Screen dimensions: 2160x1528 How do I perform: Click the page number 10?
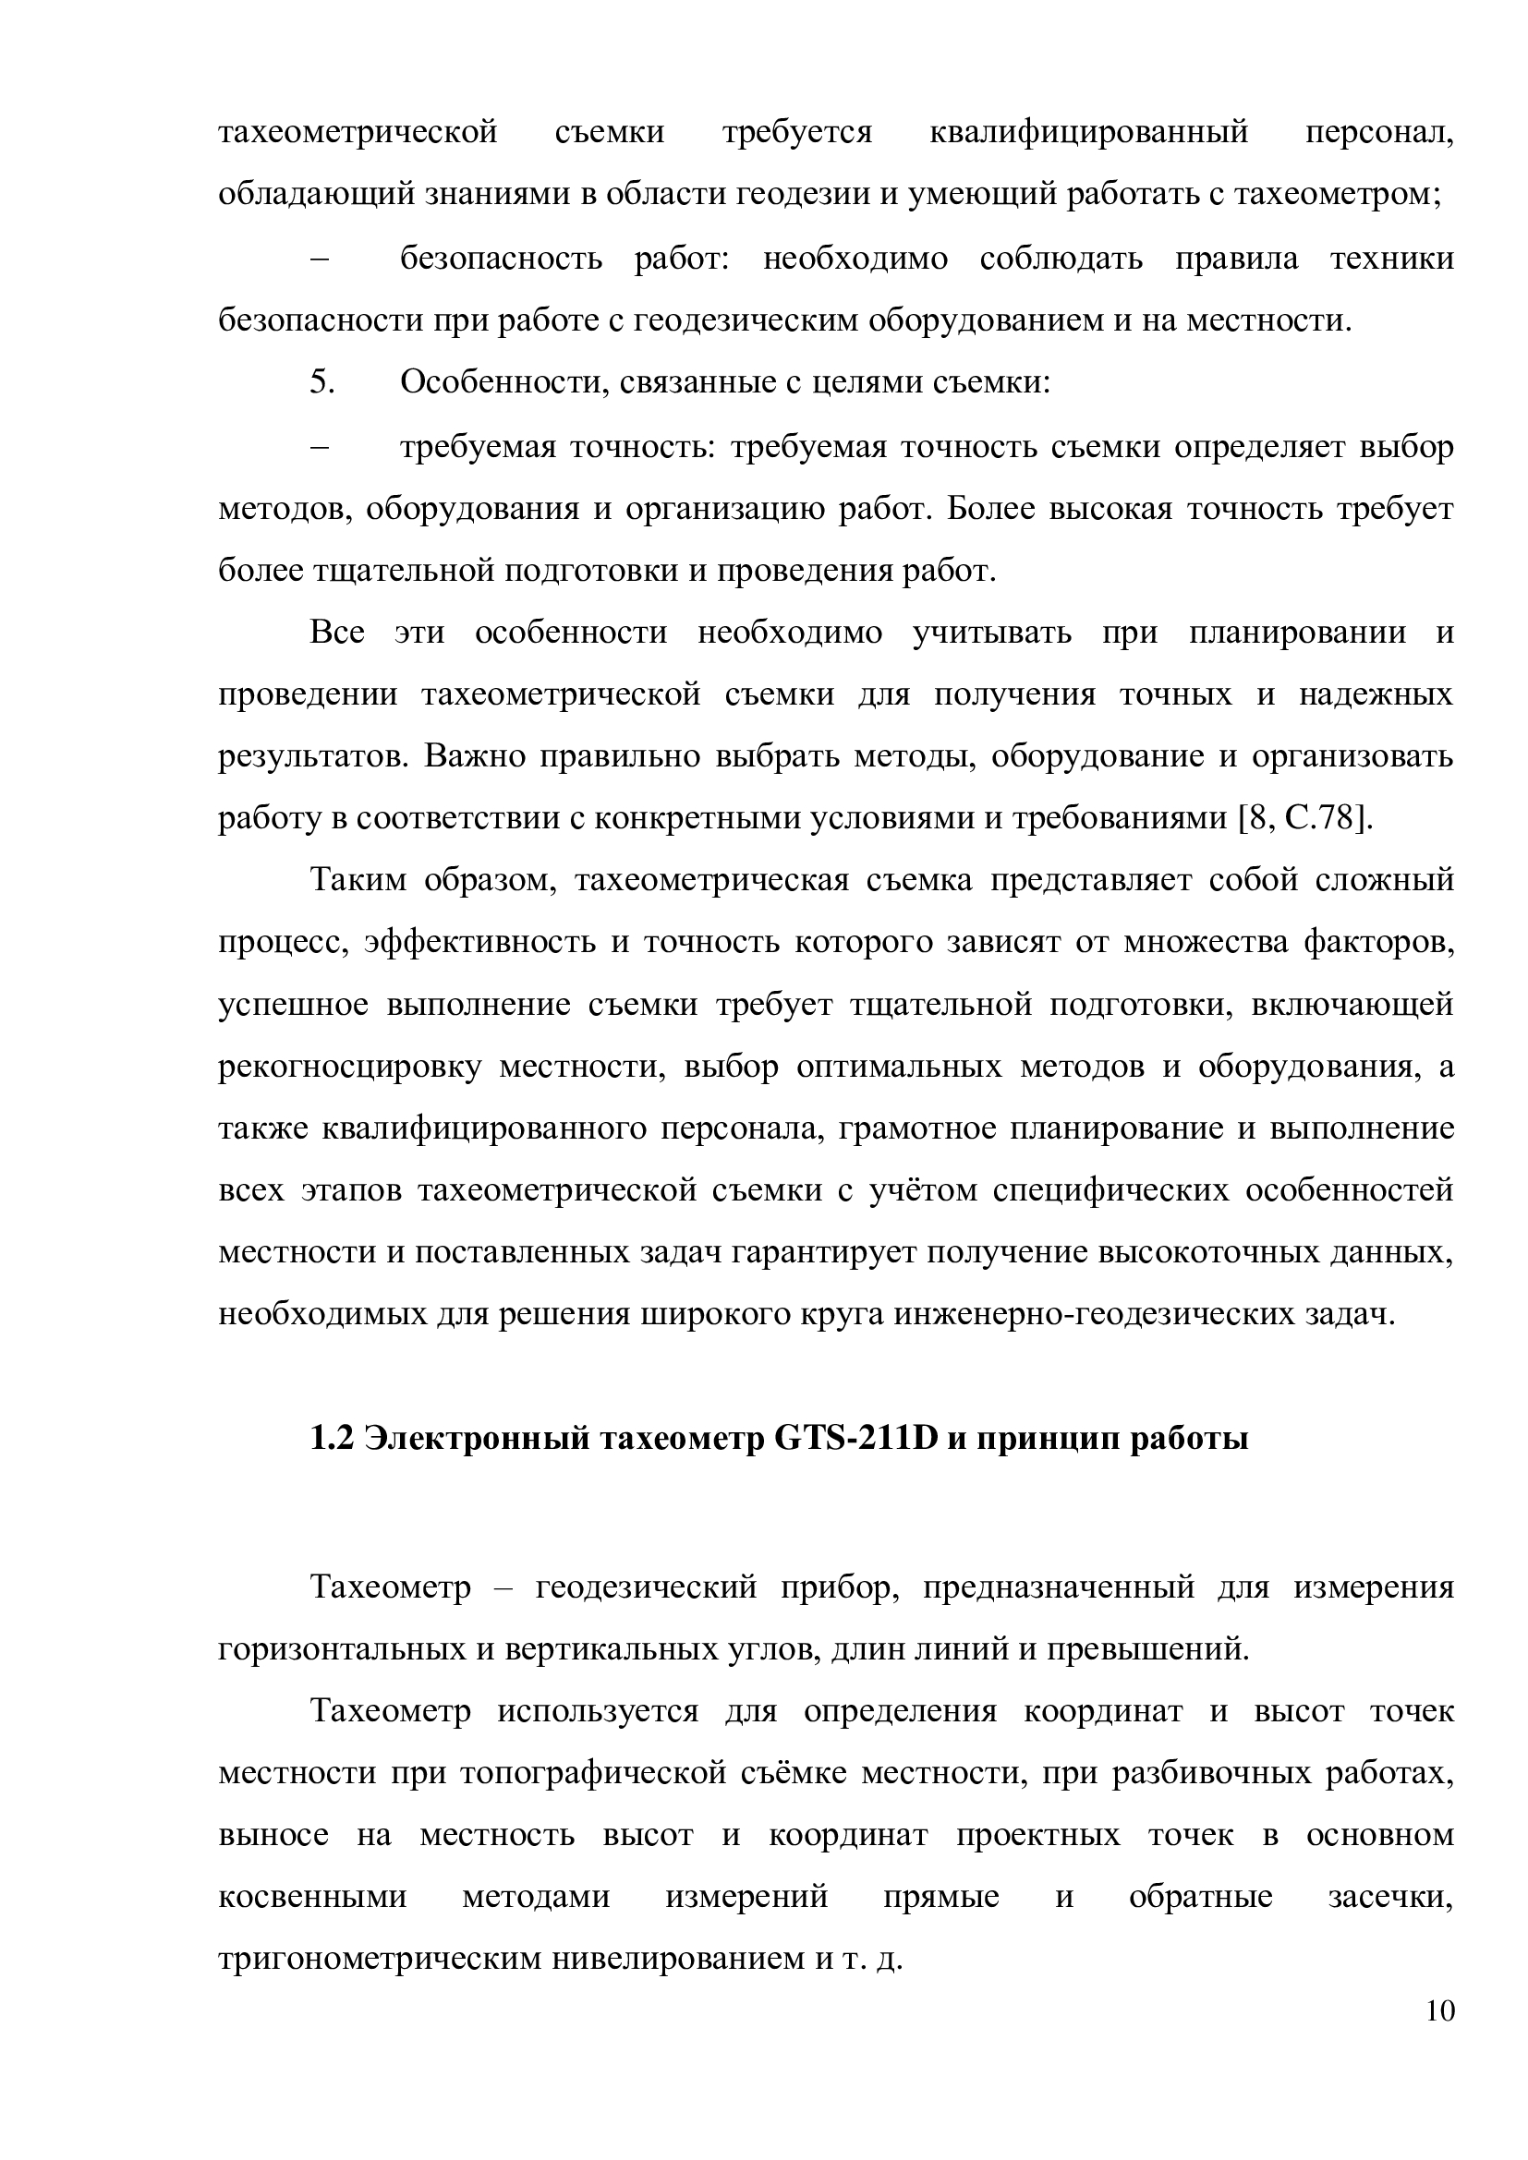[1439, 2012]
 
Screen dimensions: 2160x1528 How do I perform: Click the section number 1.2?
[332, 1439]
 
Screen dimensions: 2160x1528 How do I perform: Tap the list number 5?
[321, 383]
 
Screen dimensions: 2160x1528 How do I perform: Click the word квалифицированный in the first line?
[1088, 133]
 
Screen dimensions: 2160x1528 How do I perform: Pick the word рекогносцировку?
[350, 1067]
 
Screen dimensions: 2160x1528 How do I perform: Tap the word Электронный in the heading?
[476, 1439]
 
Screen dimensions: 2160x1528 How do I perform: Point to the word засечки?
[1389, 1898]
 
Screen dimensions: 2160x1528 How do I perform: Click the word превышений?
[1148, 1649]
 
